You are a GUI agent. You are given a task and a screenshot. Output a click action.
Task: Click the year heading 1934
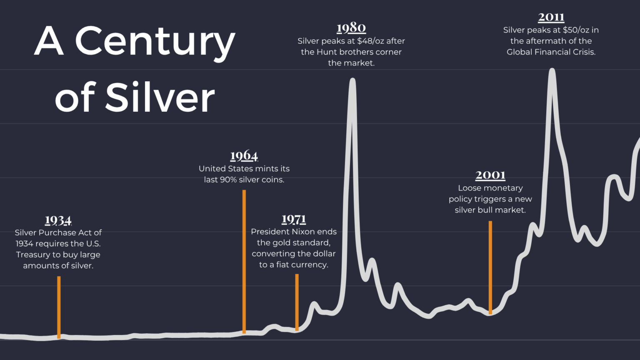[x=58, y=220]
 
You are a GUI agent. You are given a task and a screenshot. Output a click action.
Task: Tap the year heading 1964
[x=244, y=156]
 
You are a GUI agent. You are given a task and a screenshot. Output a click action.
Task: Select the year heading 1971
[x=294, y=219]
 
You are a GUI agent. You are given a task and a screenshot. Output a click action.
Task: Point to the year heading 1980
[x=351, y=28]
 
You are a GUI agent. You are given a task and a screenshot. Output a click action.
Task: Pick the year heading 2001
[x=490, y=175]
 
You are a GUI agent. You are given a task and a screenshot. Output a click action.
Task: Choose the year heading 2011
[x=551, y=17]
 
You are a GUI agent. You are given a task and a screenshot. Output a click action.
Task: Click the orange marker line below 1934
[x=59, y=307]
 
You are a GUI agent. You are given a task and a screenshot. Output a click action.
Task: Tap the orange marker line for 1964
[x=244, y=261]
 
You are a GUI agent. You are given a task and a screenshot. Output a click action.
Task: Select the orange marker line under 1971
[x=297, y=302]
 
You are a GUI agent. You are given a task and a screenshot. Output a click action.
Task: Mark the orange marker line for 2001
[x=490, y=267]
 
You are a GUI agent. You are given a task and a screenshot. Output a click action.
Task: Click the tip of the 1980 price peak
[x=352, y=80]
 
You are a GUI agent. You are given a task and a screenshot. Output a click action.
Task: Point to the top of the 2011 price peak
[x=552, y=70]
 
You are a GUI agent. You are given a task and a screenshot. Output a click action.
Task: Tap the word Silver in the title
[x=160, y=98]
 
